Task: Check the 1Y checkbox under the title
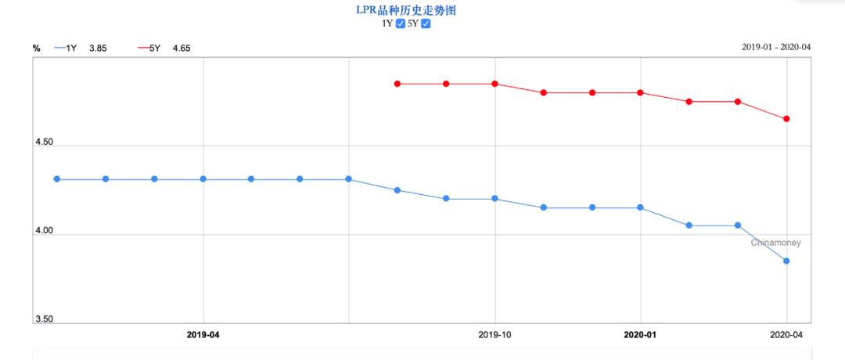tap(401, 23)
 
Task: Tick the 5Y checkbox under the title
tap(426, 23)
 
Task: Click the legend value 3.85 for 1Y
tap(98, 49)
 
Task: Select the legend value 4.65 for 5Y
tap(181, 49)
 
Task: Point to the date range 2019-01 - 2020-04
tap(775, 47)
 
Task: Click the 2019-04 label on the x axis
tap(203, 334)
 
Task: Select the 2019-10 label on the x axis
tap(494, 334)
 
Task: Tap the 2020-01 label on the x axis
tap(640, 334)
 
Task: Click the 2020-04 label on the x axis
tap(786, 334)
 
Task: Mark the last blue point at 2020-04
tap(786, 261)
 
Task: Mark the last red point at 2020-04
tap(786, 119)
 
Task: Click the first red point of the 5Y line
tap(397, 84)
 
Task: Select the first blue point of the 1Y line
tap(57, 179)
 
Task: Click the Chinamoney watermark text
tap(775, 243)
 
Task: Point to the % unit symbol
tap(37, 49)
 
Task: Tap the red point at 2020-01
tap(640, 92)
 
